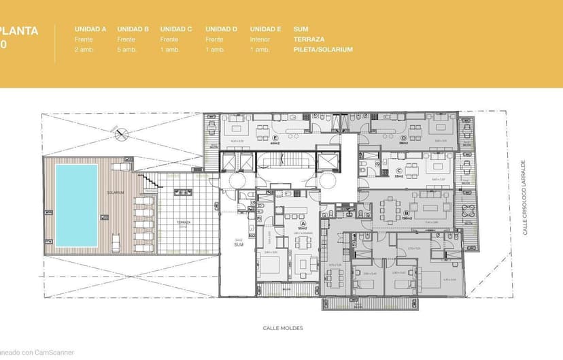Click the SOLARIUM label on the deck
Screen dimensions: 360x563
pyautogui.click(x=115, y=193)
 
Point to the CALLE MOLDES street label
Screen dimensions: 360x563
pyautogui.click(x=283, y=328)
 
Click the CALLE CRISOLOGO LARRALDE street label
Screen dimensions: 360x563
pyautogui.click(x=524, y=198)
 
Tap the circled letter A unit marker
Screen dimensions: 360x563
pyautogui.click(x=303, y=222)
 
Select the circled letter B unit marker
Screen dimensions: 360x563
pyautogui.click(x=406, y=212)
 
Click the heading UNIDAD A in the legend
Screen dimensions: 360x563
pyautogui.click(x=90, y=29)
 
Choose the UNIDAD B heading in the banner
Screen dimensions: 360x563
pyautogui.click(x=133, y=29)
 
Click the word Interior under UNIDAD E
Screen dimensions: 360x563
pyautogui.click(x=260, y=39)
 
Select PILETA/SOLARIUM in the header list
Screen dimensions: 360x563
pyautogui.click(x=323, y=50)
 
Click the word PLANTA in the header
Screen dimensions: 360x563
pyautogui.click(x=18, y=31)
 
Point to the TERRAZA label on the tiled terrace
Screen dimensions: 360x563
pyautogui.click(x=184, y=222)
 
